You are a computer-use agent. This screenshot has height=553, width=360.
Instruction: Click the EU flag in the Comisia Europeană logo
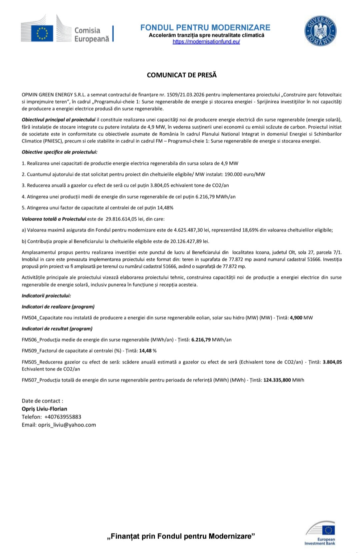pos(42,33)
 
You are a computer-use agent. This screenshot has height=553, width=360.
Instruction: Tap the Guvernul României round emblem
pos(320,31)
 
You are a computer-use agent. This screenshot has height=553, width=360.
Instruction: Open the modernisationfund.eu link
pos(206,42)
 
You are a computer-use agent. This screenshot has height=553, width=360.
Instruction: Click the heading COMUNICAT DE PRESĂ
pos(182,75)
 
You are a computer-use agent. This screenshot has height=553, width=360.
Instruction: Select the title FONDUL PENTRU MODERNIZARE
pos(205,27)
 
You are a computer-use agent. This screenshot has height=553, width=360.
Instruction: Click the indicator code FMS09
pos(29,351)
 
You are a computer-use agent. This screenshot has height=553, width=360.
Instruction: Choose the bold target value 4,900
pos(296,318)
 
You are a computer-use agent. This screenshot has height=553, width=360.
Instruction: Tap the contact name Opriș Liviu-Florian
pos(44,409)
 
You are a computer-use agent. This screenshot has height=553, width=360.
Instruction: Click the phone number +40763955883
pos(63,417)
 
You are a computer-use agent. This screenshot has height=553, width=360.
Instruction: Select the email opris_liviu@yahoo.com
pos(67,425)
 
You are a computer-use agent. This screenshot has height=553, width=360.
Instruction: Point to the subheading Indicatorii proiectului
pos(46,296)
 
